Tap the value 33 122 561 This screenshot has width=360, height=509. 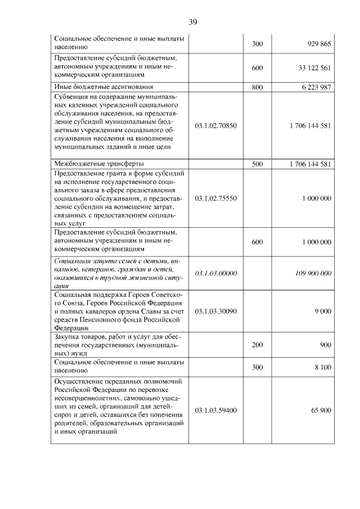pyautogui.click(x=314, y=68)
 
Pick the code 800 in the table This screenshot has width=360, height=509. pyautogui.click(x=258, y=87)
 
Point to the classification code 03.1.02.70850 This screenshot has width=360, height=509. pyautogui.click(x=215, y=125)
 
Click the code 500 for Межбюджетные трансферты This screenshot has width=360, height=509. pyautogui.click(x=258, y=164)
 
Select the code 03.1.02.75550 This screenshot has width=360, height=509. pyautogui.click(x=215, y=199)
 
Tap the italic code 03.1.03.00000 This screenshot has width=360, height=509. pyautogui.click(x=215, y=273)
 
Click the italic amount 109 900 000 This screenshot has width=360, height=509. pyautogui.click(x=313, y=273)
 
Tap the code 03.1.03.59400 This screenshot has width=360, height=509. pyautogui.click(x=215, y=411)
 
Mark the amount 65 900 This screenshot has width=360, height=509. pyautogui.click(x=321, y=411)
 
